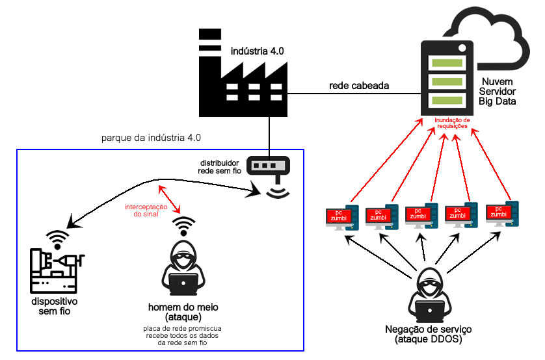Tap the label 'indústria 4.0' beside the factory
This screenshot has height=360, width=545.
(258, 49)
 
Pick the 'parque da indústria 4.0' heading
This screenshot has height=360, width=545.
(151, 138)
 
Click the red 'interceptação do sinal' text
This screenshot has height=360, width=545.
(146, 209)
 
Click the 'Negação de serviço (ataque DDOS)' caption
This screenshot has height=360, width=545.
(429, 334)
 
